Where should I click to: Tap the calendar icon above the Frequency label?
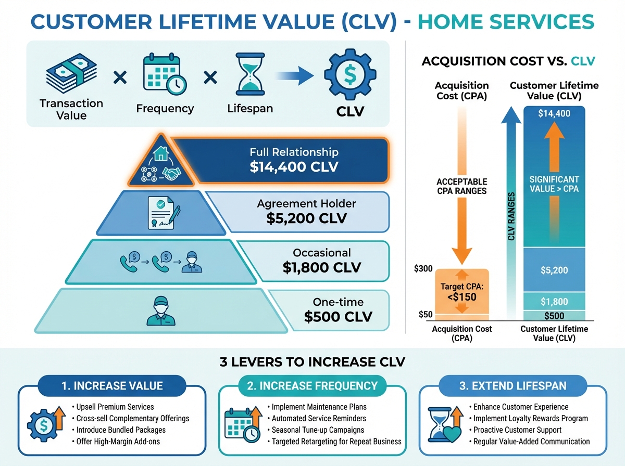point(163,76)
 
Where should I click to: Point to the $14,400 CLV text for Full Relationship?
point(294,167)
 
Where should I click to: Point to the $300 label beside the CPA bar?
point(423,269)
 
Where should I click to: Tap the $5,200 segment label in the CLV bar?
point(554,270)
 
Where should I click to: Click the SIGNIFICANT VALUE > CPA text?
point(554,184)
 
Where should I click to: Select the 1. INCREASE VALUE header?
point(112,386)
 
